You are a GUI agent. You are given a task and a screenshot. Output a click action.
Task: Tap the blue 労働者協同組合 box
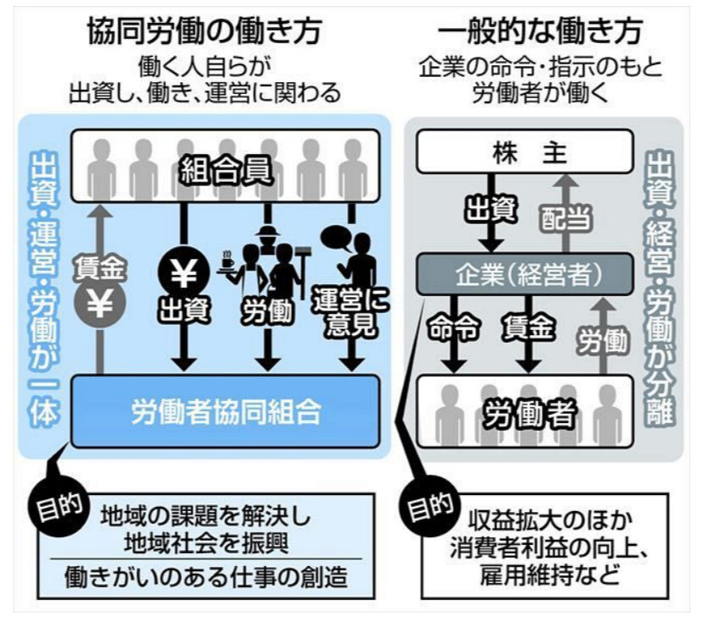[x=225, y=413]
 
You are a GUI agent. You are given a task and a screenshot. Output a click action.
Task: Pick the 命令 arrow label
[x=455, y=327]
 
